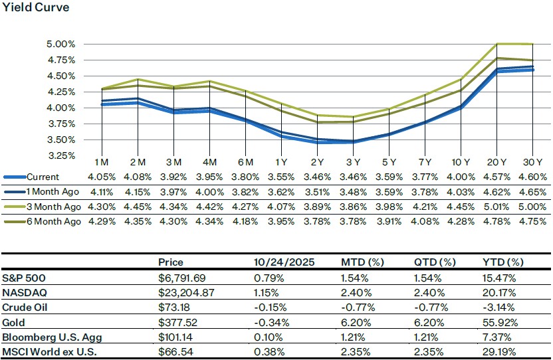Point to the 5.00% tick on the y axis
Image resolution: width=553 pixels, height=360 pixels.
click(x=61, y=45)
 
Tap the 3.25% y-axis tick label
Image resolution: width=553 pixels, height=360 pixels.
click(x=61, y=155)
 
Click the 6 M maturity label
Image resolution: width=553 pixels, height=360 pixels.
click(x=245, y=163)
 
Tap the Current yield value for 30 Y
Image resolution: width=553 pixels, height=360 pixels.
click(x=533, y=177)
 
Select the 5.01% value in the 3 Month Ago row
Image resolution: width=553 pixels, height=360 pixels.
click(x=497, y=207)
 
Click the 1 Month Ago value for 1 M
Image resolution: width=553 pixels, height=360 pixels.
click(x=101, y=192)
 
